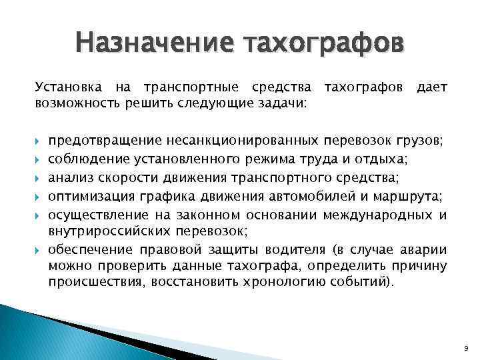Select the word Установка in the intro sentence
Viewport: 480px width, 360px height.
coord(63,88)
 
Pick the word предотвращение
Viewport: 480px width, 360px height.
coord(105,142)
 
